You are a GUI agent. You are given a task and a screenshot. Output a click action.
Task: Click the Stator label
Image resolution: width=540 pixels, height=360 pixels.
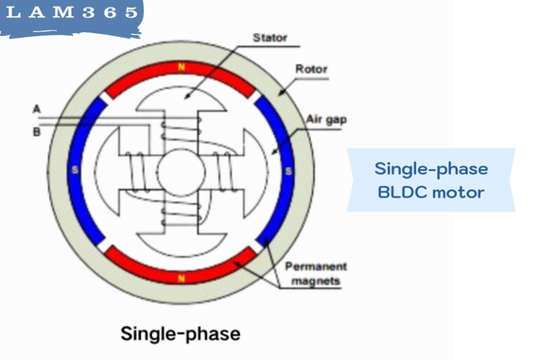[x=270, y=38]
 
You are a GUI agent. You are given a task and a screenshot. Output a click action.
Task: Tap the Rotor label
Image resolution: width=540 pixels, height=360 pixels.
[x=311, y=69]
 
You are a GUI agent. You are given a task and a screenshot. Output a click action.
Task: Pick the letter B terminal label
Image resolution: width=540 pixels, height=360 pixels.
[x=36, y=131]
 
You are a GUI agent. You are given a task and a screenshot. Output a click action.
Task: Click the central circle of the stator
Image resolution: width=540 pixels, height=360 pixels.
[x=182, y=172]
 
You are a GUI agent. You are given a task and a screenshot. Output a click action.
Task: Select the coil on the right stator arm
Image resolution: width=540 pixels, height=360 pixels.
[x=227, y=172]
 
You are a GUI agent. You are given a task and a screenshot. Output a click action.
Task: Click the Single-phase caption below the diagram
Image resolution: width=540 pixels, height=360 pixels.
[x=180, y=334]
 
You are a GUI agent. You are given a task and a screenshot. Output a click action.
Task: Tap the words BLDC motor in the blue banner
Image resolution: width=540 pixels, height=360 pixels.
[x=431, y=192]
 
